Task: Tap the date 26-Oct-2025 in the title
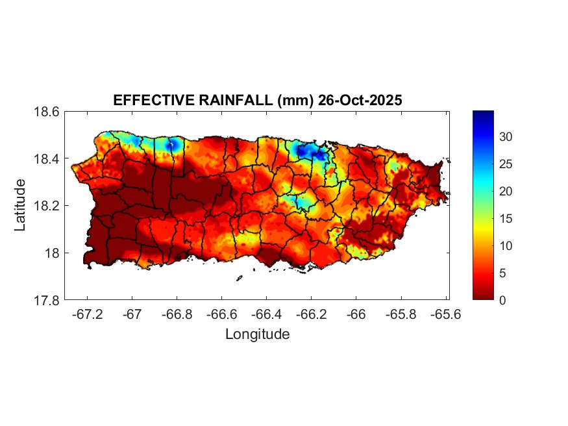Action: [355, 101]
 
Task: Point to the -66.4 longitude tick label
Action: [266, 314]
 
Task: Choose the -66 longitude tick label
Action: [356, 314]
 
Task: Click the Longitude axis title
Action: [257, 334]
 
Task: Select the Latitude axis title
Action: [21, 205]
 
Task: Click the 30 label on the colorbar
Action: [506, 137]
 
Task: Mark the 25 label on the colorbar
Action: [506, 164]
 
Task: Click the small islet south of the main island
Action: [240, 278]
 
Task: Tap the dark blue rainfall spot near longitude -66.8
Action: [171, 145]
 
